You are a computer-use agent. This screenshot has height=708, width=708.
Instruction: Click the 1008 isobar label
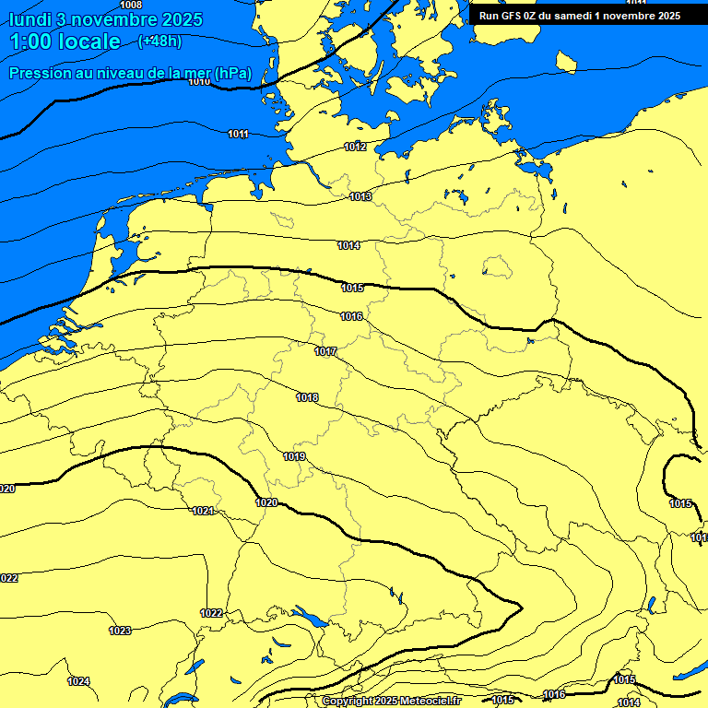[131, 6]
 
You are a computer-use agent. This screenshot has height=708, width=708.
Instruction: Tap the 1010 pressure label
[199, 82]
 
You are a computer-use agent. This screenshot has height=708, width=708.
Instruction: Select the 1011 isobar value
[238, 135]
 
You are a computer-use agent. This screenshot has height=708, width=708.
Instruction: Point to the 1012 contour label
[355, 147]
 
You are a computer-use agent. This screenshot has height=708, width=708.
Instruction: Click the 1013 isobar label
[360, 197]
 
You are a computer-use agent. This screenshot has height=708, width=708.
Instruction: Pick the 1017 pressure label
[325, 352]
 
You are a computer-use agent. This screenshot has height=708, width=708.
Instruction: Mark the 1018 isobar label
[307, 398]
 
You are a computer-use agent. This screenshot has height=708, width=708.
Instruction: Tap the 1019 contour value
[294, 457]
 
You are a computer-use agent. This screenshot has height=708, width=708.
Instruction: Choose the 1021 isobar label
[203, 512]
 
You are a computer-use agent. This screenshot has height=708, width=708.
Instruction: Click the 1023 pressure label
[120, 631]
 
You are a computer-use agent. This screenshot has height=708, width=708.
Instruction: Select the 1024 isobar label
[78, 681]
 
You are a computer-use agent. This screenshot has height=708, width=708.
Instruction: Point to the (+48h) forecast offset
[159, 41]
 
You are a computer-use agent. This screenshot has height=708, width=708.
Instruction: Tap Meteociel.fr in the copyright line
[430, 702]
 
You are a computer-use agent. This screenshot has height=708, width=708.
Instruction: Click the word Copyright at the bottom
[348, 702]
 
